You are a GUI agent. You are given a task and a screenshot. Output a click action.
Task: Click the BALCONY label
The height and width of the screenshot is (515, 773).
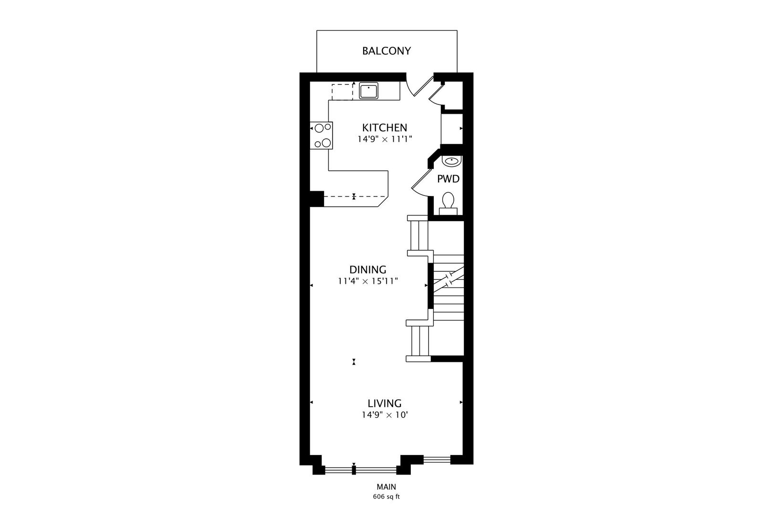coord(386,51)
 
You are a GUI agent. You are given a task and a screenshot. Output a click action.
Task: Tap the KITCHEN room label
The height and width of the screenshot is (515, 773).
coord(385,128)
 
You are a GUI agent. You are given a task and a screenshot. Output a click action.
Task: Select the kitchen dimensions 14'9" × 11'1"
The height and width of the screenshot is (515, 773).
coord(385,139)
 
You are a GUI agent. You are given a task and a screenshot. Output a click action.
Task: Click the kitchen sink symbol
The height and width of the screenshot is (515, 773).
coord(368,91)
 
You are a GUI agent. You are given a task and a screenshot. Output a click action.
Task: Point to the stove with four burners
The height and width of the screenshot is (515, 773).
coord(321,135)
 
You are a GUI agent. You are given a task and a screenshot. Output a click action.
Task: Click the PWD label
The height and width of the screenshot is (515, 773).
coord(448,179)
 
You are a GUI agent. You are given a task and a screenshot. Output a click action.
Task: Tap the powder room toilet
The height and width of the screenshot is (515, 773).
coord(448,204)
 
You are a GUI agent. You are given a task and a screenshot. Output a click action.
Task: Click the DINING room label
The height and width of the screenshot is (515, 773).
coord(367,269)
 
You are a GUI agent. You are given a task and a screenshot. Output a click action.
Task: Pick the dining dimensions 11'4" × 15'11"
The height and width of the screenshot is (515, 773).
coord(368,281)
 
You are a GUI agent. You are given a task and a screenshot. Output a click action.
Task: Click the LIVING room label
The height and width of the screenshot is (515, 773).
coord(385,403)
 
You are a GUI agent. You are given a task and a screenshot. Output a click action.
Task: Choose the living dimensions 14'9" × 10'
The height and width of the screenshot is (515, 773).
coord(385,415)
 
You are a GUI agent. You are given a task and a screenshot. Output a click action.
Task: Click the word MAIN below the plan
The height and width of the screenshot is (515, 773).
coord(386,487)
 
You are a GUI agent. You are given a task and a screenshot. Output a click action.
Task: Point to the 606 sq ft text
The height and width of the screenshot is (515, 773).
coord(386,497)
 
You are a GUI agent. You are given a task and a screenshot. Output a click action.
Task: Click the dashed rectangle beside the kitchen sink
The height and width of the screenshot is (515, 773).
coord(342,92)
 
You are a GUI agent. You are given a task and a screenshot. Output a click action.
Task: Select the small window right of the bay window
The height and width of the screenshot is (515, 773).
coord(437,459)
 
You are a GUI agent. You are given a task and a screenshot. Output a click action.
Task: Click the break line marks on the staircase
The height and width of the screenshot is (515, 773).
coord(448,280)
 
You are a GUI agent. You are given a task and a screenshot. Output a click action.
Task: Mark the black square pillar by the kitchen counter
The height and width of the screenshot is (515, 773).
coord(316,199)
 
